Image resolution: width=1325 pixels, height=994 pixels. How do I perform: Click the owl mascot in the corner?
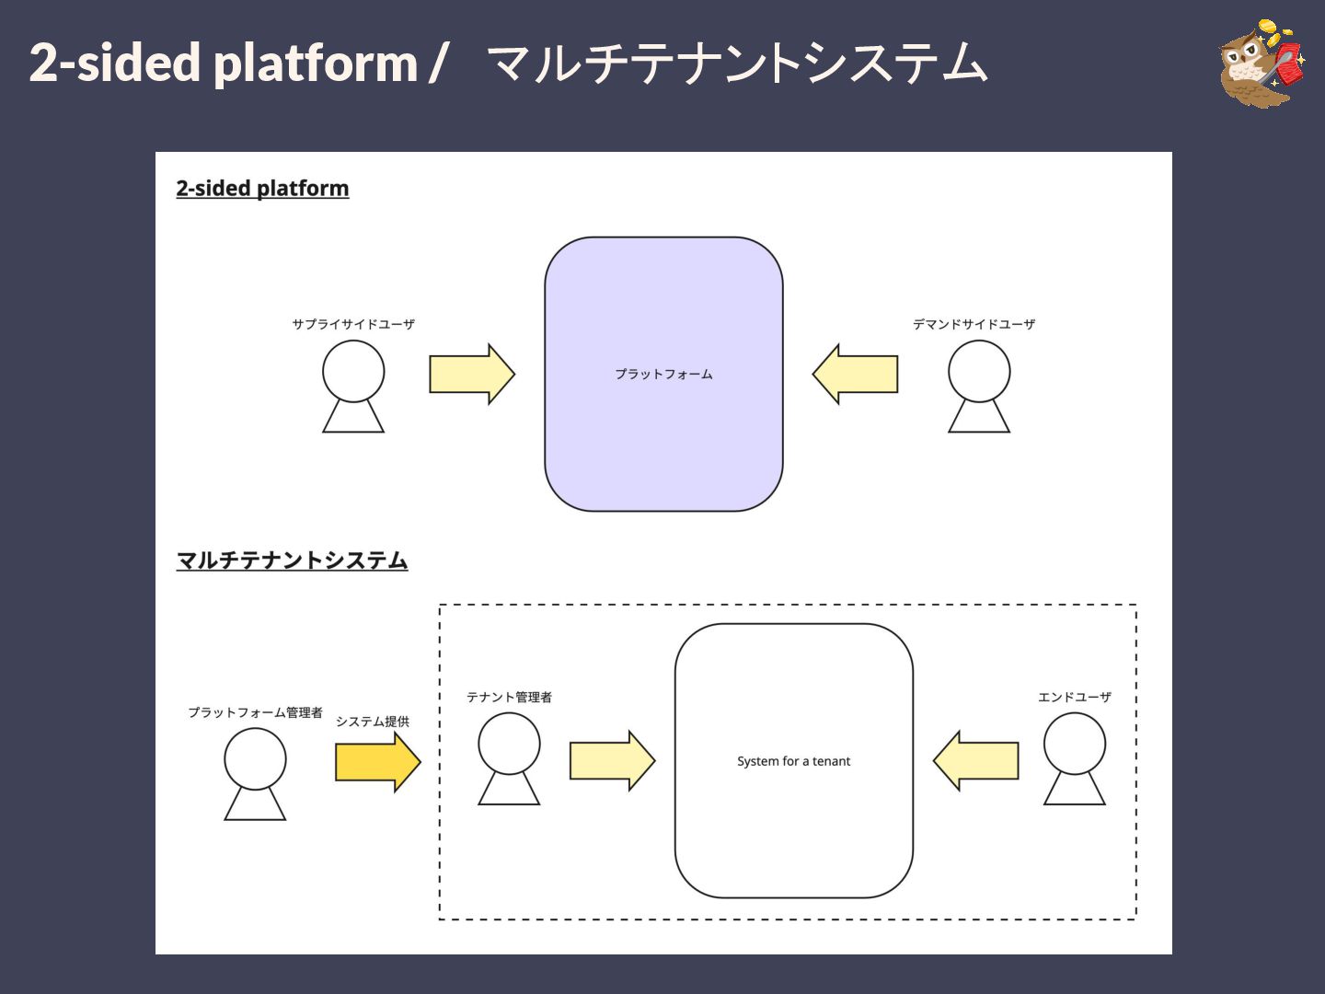click(x=1262, y=64)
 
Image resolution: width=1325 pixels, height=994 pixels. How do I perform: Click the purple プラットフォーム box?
click(x=663, y=375)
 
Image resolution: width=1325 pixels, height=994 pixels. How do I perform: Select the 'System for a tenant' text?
click(x=793, y=761)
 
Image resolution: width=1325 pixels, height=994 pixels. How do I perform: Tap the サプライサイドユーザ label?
click(x=353, y=324)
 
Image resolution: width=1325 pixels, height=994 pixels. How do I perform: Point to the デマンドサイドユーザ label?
click(x=974, y=324)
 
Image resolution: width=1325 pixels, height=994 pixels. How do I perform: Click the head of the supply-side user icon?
click(x=353, y=371)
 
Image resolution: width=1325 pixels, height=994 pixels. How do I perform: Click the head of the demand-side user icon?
click(x=978, y=371)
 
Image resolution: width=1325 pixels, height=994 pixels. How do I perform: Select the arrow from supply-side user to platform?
click(x=471, y=375)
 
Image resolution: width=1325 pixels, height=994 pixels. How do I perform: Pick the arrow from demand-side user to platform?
click(x=855, y=375)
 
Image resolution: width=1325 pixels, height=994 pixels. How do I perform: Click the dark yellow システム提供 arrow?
click(x=378, y=762)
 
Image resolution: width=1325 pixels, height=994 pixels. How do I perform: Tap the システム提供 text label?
click(x=373, y=722)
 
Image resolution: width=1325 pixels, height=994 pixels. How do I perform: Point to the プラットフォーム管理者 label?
click(x=255, y=712)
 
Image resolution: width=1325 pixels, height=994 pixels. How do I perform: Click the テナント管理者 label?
click(x=509, y=697)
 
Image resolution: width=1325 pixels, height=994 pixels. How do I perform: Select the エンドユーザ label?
click(x=1074, y=697)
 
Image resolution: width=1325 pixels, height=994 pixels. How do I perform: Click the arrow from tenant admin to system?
click(x=612, y=760)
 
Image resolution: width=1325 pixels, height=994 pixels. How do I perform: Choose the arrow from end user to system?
click(x=975, y=760)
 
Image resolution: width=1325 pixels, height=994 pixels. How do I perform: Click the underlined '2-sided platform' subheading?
click(x=262, y=189)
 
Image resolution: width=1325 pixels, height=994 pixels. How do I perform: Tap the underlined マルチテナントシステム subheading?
click(x=293, y=561)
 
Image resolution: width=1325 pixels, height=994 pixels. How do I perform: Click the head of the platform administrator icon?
click(x=255, y=758)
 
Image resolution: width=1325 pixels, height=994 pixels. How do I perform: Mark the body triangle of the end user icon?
click(x=1075, y=792)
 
